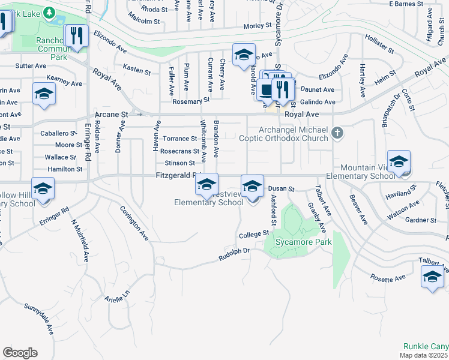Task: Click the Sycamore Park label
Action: [296, 243]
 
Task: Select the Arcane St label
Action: [112, 114]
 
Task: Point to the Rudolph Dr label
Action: [234, 254]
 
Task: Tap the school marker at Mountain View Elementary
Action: [399, 162]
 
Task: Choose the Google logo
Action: [20, 353]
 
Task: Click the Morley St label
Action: [258, 26]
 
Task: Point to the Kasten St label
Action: [136, 70]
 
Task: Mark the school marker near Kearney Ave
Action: [44, 94]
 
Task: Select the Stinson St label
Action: [180, 163]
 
